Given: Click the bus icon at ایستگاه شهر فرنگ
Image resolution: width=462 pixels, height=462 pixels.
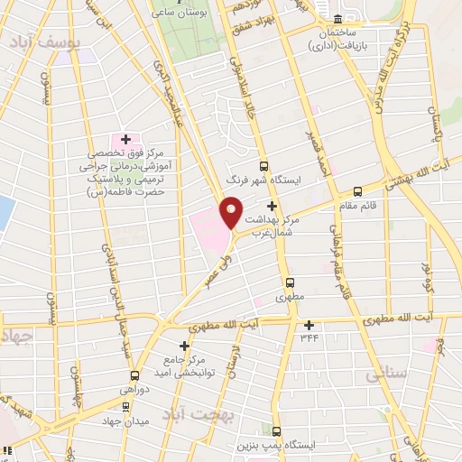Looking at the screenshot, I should pyautogui.click(x=263, y=166).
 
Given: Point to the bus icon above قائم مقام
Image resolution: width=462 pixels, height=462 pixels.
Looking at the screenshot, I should pyautogui.click(x=358, y=191).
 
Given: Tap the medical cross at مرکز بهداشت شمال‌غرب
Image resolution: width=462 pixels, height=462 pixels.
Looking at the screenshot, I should pyautogui.click(x=272, y=206).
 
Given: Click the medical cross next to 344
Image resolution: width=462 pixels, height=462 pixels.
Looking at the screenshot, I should pyautogui.click(x=310, y=325).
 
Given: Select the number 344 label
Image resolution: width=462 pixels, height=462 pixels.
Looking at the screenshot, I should pyautogui.click(x=310, y=339).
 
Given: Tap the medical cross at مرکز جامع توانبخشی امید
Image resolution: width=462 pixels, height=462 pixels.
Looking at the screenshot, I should pyautogui.click(x=185, y=346).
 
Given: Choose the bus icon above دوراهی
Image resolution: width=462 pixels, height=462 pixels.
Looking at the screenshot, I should pyautogui.click(x=134, y=375).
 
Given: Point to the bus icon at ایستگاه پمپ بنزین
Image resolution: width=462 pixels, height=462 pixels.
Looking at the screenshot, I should pyautogui.click(x=276, y=431).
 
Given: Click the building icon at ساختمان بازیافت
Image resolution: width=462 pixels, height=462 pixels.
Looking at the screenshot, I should pyautogui.click(x=338, y=19).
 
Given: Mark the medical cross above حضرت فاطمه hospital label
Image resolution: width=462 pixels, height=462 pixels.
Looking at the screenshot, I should pyautogui.click(x=125, y=141).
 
